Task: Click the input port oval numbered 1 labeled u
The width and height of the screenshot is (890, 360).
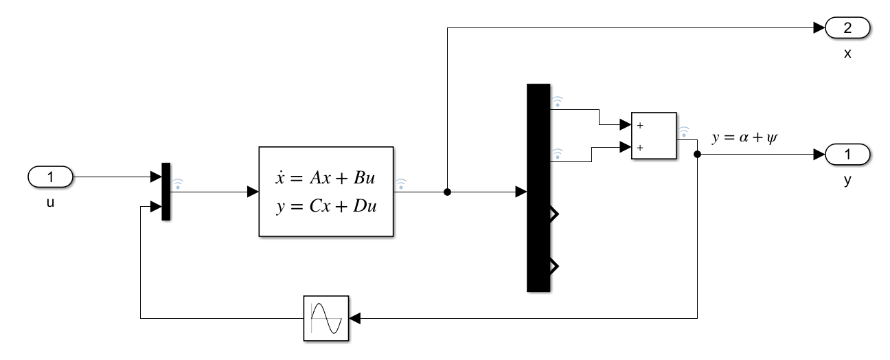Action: pos(49,177)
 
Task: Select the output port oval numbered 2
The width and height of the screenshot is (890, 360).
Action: pos(847,28)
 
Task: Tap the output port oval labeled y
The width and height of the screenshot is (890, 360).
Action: pos(847,155)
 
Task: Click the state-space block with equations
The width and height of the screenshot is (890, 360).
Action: pos(326,192)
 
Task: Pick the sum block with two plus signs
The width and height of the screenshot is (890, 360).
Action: pos(653,135)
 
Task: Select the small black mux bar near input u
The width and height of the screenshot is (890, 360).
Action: pos(166,192)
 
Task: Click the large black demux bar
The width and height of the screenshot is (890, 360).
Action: pos(538,188)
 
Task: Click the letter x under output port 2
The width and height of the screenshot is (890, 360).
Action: pos(847,53)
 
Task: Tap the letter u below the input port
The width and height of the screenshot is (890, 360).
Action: pos(49,203)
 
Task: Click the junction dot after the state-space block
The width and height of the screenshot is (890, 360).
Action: pos(447,192)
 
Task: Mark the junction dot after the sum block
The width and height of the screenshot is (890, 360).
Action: pos(698,155)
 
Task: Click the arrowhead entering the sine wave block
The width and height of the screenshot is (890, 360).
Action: pos(354,318)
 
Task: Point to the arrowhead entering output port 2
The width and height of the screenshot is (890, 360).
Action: pos(819,28)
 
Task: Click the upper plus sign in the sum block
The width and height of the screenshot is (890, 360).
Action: pos(639,126)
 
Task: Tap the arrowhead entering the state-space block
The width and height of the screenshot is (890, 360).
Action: pos(253,192)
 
